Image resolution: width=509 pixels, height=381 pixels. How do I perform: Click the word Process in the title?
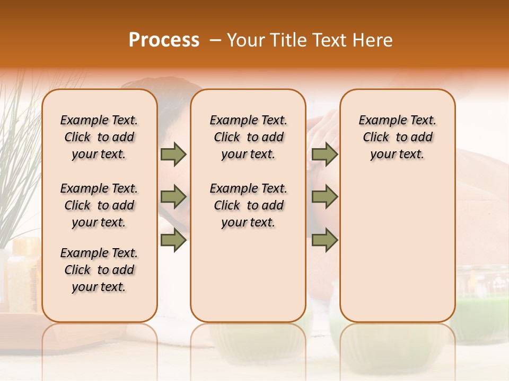pos(164,40)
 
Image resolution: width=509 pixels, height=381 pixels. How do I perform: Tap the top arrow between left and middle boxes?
pos(173,154)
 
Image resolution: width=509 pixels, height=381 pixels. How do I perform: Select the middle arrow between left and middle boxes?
pos(173,197)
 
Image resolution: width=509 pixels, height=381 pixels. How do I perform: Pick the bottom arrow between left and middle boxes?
pos(173,240)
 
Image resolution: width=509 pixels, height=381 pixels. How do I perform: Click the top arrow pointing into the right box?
pos(324,154)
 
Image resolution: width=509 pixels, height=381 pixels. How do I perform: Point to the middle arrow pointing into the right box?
pos(324,197)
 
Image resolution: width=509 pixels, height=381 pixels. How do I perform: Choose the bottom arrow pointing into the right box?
pos(324,240)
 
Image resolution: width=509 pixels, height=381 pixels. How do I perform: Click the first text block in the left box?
pos(99,137)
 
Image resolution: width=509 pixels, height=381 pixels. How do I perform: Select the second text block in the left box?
pos(99,205)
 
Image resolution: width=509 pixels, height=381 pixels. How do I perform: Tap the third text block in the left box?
pos(99,270)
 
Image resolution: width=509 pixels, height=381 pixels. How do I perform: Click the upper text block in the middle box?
pos(248,137)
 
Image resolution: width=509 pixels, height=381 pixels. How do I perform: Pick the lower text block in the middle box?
pos(248,205)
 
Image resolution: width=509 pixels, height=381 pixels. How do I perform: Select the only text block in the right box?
pos(397,137)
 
